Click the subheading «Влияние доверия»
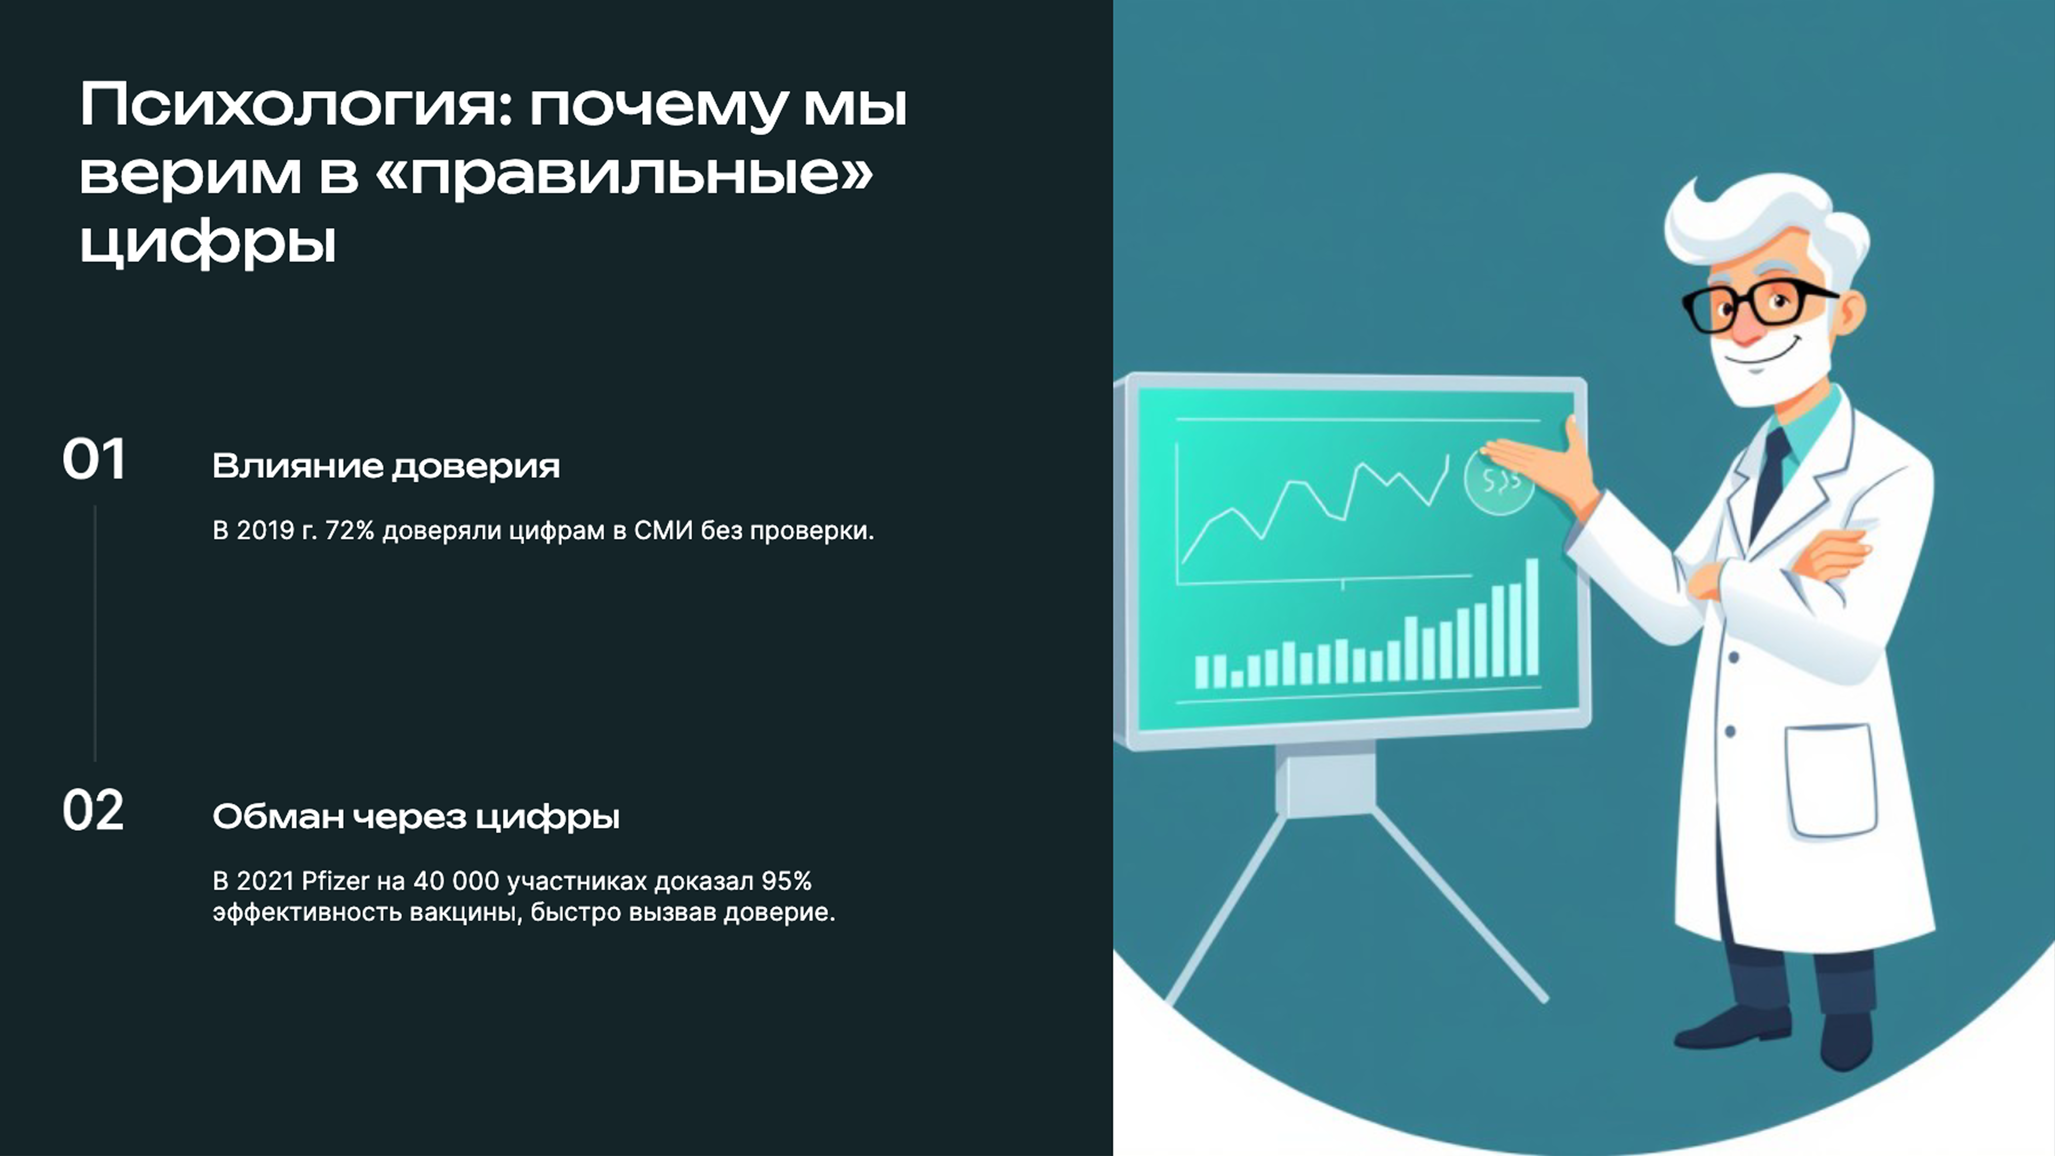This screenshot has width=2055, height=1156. [x=386, y=466]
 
